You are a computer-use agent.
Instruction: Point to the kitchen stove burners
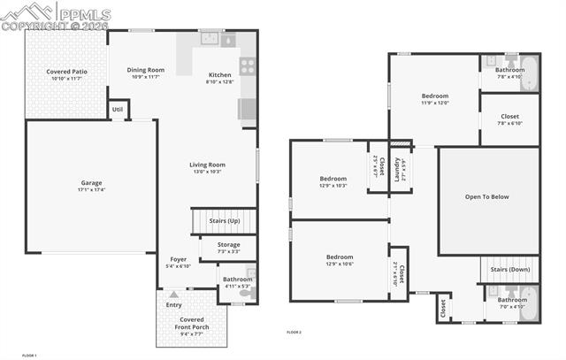click(247, 65)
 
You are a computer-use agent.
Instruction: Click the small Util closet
click(118, 110)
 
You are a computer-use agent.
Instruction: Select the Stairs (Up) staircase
click(224, 220)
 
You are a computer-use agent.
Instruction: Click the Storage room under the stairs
click(228, 248)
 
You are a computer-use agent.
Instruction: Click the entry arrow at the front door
click(173, 294)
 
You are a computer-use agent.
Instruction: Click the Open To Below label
click(487, 196)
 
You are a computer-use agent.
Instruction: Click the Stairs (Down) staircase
click(509, 270)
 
